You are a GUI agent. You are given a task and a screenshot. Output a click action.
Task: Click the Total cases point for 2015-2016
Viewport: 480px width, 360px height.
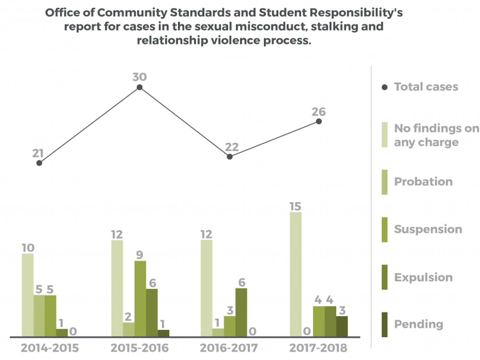point(140,87)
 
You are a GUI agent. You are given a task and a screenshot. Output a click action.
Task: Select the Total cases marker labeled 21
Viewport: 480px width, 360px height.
point(39,163)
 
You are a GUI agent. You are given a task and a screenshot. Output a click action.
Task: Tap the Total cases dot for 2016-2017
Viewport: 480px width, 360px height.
point(229,156)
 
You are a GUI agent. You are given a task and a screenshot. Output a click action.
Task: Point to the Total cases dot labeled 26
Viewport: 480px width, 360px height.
point(319,121)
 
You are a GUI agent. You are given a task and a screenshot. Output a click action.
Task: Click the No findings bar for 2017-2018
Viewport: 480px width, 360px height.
point(296,274)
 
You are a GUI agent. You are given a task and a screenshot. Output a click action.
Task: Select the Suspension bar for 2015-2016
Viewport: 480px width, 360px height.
point(140,299)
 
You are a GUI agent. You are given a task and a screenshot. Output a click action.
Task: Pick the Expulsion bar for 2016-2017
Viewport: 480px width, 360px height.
point(241,312)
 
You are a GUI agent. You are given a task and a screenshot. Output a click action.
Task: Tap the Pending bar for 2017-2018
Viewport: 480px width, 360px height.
point(342,326)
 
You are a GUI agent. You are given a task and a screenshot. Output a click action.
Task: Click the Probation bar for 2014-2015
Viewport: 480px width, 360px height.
point(39,316)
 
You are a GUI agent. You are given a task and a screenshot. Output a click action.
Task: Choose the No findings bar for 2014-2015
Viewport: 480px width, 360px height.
point(28,295)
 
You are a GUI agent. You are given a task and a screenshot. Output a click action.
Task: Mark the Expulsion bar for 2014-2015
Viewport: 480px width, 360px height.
point(62,332)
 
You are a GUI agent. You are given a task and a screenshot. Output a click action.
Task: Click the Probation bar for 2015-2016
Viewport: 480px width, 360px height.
point(129,329)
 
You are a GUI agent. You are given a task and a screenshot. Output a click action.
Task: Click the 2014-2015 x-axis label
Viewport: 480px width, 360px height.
point(50,348)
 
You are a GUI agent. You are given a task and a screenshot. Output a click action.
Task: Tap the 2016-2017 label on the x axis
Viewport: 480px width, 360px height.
point(229,348)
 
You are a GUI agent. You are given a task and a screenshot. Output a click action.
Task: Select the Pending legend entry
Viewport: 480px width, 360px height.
point(419,324)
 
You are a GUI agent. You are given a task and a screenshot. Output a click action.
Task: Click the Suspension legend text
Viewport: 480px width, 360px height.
point(428,229)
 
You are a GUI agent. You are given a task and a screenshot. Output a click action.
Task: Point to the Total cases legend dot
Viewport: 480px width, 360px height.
point(385,87)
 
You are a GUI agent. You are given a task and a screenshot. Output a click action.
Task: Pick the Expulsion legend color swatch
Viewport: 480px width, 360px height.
point(385,277)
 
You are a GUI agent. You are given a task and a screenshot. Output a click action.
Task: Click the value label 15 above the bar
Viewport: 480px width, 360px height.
point(295,206)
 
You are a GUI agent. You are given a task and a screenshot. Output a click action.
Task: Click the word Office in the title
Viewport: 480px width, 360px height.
point(62,12)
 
